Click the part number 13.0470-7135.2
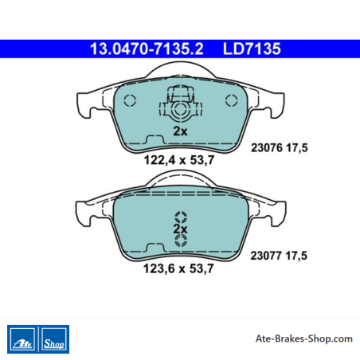coord(147,49)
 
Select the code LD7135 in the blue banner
coord(252,49)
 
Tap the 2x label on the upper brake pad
coord(180,131)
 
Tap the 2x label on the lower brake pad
coord(180,229)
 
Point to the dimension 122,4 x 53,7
coord(179,160)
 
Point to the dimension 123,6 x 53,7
coord(178,268)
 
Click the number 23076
coord(267,147)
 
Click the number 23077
coord(266,256)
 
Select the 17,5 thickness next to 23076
coord(297,148)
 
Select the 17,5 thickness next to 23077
coord(296,256)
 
